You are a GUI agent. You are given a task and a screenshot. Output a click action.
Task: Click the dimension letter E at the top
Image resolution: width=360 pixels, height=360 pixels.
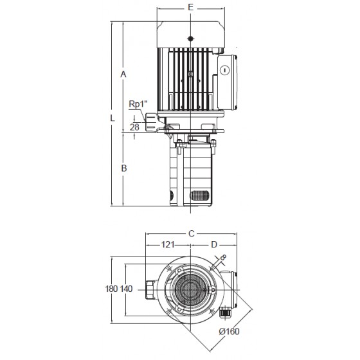point(190,7)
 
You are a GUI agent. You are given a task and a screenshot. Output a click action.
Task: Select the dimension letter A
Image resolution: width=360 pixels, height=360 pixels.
point(123,75)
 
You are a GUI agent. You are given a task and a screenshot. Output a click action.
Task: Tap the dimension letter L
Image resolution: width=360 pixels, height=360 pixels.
point(112,118)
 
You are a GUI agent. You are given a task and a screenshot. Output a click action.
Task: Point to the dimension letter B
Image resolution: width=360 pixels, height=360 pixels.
point(124,168)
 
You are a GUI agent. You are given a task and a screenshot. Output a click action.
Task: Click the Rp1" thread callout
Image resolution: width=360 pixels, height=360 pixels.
point(138,104)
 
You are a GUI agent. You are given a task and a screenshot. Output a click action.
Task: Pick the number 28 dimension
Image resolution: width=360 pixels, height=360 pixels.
point(134,127)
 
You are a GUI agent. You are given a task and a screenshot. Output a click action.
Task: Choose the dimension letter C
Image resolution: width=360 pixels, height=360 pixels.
point(192,234)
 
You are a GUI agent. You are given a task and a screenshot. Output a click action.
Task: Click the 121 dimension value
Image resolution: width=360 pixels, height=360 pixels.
point(168,244)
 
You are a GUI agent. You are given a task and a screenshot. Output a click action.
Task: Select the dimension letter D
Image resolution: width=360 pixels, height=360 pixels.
point(214,244)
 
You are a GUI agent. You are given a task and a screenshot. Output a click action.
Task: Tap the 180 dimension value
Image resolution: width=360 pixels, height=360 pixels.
point(112,289)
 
